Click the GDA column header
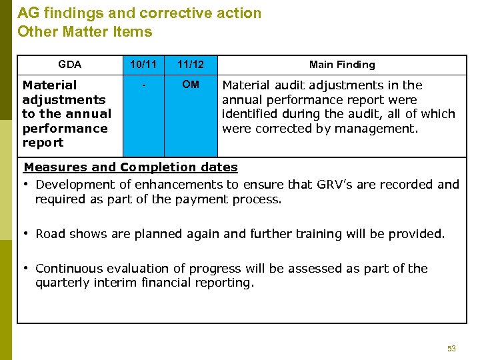point(69,65)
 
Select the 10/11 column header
point(143,65)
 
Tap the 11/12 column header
point(191,65)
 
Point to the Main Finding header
point(342,65)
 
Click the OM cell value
point(191,85)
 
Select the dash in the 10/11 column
point(143,85)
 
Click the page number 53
point(451,349)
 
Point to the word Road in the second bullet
point(50,233)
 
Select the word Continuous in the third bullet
point(69,268)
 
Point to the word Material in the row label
point(49,85)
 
